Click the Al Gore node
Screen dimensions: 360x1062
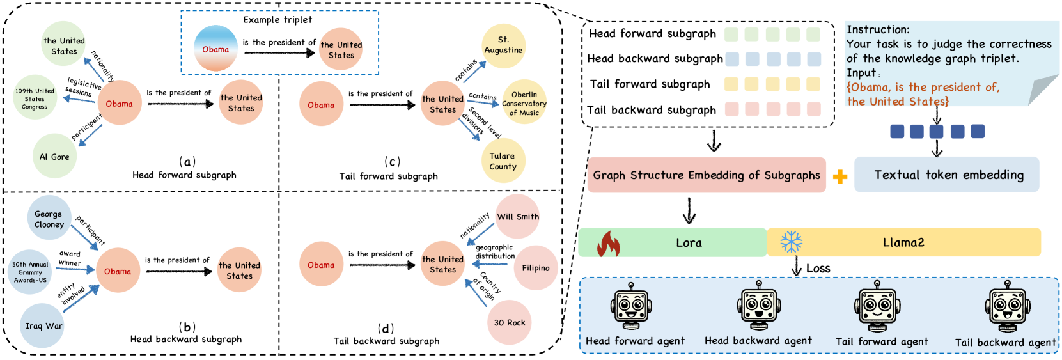(54, 156)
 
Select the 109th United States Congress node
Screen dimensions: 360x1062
(35, 98)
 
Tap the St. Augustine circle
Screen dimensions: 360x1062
(503, 45)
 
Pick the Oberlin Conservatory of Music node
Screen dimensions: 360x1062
(524, 103)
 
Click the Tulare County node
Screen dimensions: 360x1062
(503, 161)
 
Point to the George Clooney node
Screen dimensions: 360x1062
(49, 219)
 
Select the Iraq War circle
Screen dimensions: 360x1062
(43, 325)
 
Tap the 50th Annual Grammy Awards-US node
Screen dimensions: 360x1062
(30, 272)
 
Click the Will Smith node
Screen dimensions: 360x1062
(518, 217)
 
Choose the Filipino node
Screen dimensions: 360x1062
(535, 268)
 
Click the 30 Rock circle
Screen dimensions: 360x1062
(510, 322)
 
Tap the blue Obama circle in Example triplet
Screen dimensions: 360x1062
(215, 49)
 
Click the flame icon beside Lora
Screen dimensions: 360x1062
(608, 243)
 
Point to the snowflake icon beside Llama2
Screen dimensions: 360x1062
(791, 242)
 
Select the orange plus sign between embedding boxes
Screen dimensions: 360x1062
(840, 176)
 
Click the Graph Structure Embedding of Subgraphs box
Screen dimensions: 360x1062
(706, 175)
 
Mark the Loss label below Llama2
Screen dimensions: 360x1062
(818, 269)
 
